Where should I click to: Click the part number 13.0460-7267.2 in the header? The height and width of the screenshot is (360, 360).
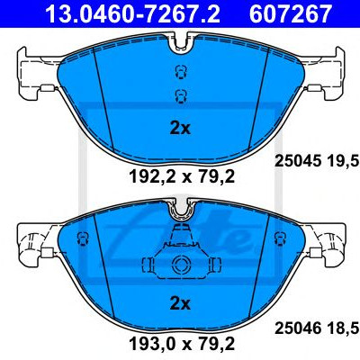pyautogui.click(x=132, y=14)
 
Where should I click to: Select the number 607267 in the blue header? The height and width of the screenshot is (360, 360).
pyautogui.click(x=290, y=14)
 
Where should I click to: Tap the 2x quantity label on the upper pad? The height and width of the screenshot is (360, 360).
pyautogui.click(x=180, y=129)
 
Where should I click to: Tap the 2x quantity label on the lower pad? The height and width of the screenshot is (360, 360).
pyautogui.click(x=180, y=304)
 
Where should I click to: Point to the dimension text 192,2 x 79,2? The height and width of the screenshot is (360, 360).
pyautogui.click(x=182, y=177)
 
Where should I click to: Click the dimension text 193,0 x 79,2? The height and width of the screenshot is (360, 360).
pyautogui.click(x=182, y=344)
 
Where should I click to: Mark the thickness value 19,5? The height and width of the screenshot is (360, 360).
pyautogui.click(x=344, y=162)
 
